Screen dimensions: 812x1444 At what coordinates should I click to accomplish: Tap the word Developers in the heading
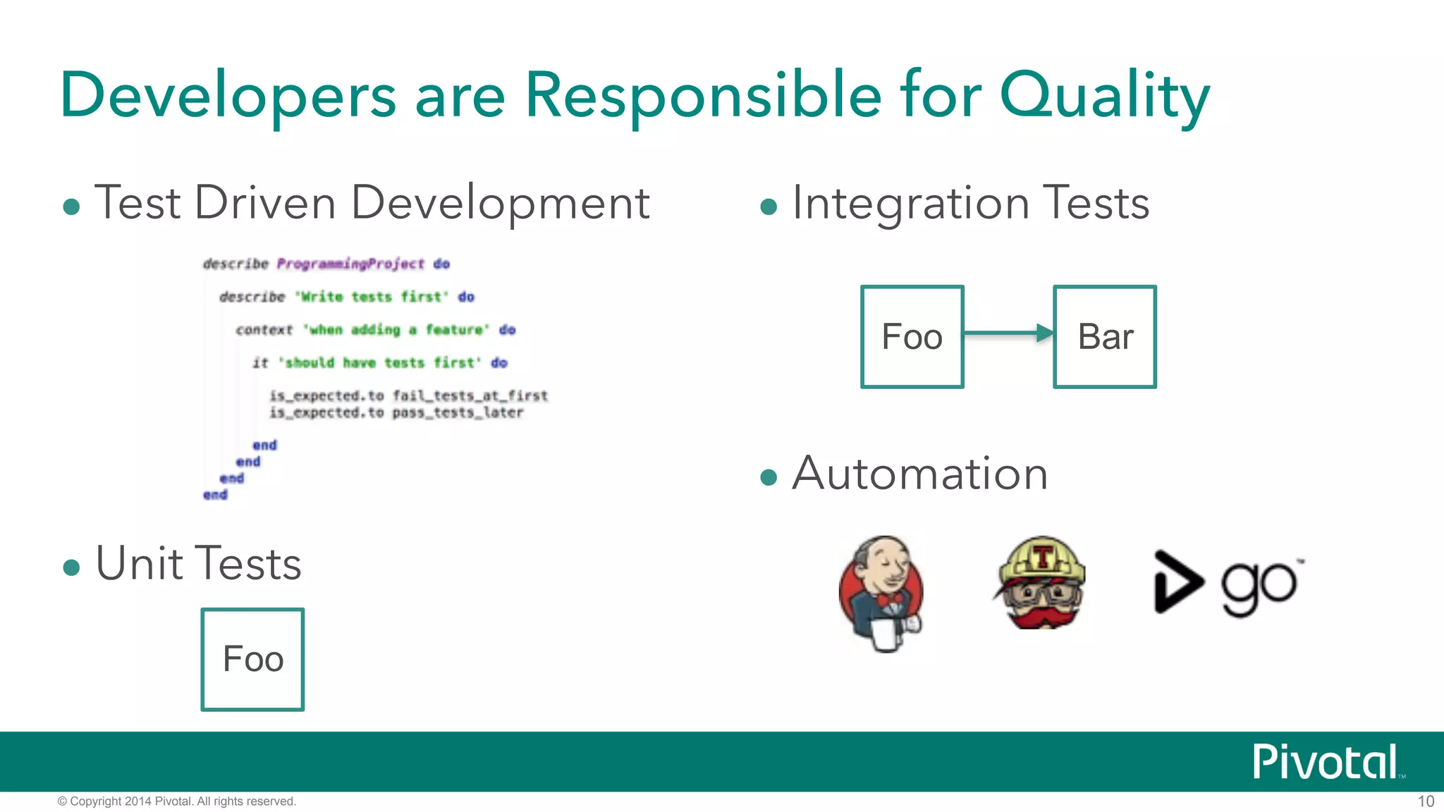click(x=228, y=97)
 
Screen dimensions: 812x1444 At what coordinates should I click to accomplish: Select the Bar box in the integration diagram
click(x=1104, y=337)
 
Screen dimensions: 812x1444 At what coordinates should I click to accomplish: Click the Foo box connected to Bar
click(x=912, y=337)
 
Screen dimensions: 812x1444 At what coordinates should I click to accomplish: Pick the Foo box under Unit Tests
click(x=252, y=659)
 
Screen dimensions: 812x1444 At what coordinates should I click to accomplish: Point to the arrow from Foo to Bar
click(x=1008, y=333)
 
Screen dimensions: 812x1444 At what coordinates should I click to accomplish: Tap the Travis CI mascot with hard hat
click(x=1041, y=584)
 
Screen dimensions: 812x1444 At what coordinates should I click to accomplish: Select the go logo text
click(x=1259, y=586)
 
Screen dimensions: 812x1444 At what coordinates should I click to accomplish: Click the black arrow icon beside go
click(x=1176, y=582)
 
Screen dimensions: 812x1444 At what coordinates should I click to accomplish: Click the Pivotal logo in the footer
click(x=1326, y=762)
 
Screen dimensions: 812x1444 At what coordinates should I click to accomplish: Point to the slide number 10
click(x=1426, y=801)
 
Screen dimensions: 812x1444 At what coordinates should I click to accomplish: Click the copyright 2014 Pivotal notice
click(x=177, y=801)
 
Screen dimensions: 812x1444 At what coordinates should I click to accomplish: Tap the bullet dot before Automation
click(x=769, y=478)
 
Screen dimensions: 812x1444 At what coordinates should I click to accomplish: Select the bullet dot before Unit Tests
click(x=71, y=567)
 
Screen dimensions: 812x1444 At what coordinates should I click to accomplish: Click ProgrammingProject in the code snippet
click(x=350, y=264)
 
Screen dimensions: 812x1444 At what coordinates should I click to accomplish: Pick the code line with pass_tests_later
click(x=396, y=412)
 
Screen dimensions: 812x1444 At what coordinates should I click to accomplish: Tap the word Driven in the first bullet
click(x=265, y=204)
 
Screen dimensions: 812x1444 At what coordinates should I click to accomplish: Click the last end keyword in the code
click(x=215, y=495)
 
